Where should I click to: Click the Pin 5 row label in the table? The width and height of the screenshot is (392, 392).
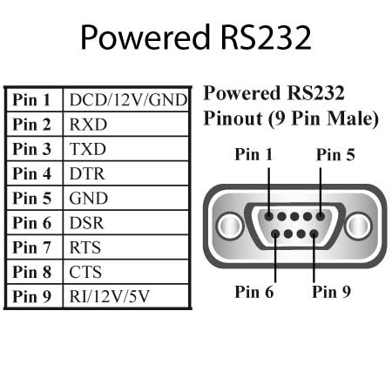point(32,199)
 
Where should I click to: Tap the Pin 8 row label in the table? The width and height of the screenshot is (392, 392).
point(32,272)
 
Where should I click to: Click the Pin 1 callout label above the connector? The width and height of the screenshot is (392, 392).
point(253,154)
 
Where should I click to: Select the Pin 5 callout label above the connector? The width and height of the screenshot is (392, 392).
point(335,154)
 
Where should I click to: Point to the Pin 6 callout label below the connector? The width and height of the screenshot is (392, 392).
point(254,292)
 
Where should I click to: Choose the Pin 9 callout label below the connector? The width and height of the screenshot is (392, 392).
point(331,292)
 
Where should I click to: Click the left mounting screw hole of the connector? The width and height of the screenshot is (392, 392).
point(230,226)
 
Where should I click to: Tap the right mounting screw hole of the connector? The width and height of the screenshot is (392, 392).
point(359,226)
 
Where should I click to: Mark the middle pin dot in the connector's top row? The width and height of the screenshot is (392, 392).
point(294,216)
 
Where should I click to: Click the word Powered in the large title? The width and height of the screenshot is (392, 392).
point(145,37)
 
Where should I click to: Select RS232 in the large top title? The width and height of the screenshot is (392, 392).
point(267,37)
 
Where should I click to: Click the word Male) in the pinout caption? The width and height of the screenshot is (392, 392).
point(353,118)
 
